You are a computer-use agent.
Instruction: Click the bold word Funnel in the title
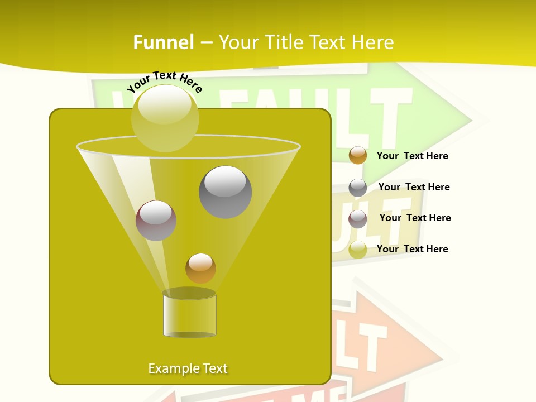coord(163,42)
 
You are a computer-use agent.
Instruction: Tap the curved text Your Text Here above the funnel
coord(164,82)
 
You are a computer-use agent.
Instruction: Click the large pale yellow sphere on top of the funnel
coord(165,118)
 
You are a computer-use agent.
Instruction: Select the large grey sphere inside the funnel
coord(226,192)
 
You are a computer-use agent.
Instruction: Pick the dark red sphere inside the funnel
coord(156,221)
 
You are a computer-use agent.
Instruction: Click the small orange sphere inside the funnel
coord(200,268)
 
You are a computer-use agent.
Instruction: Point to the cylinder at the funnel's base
coord(189,314)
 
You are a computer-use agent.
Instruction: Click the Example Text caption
coord(188,368)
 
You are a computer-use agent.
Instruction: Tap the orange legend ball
coord(358,155)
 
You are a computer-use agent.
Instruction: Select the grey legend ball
coord(358,188)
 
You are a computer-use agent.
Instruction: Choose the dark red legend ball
coord(358,219)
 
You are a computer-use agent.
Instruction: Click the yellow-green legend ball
coord(358,250)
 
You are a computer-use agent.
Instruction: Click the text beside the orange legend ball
coord(412,156)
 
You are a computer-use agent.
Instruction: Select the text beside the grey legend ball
coord(414,187)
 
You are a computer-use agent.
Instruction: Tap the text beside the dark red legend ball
coord(415,218)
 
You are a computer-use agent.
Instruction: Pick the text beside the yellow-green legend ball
coord(412,249)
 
